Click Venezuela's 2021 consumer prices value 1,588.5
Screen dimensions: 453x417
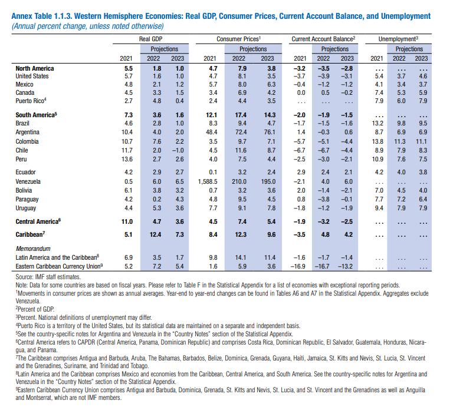208,181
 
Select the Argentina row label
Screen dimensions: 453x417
28,132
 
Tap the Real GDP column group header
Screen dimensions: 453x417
150,39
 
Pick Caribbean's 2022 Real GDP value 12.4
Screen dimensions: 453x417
155,235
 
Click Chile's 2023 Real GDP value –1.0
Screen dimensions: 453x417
178,151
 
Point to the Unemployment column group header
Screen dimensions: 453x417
398,39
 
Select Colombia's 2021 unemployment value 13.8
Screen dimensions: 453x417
377,141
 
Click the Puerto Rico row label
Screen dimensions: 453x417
31,101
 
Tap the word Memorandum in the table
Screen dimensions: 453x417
33,249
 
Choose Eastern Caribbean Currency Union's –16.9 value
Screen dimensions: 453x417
298,266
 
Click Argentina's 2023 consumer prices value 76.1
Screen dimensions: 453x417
270,132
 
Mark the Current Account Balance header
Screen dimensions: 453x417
323,39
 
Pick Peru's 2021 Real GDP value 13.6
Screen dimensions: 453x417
127,159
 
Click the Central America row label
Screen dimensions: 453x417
38,221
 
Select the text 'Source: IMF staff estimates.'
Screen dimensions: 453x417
48,277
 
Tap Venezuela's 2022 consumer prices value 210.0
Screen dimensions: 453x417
239,181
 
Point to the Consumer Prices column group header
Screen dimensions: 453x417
239,39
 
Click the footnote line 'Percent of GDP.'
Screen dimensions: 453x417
35,309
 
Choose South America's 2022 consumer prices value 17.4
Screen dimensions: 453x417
241,115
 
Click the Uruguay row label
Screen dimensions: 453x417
26,208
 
